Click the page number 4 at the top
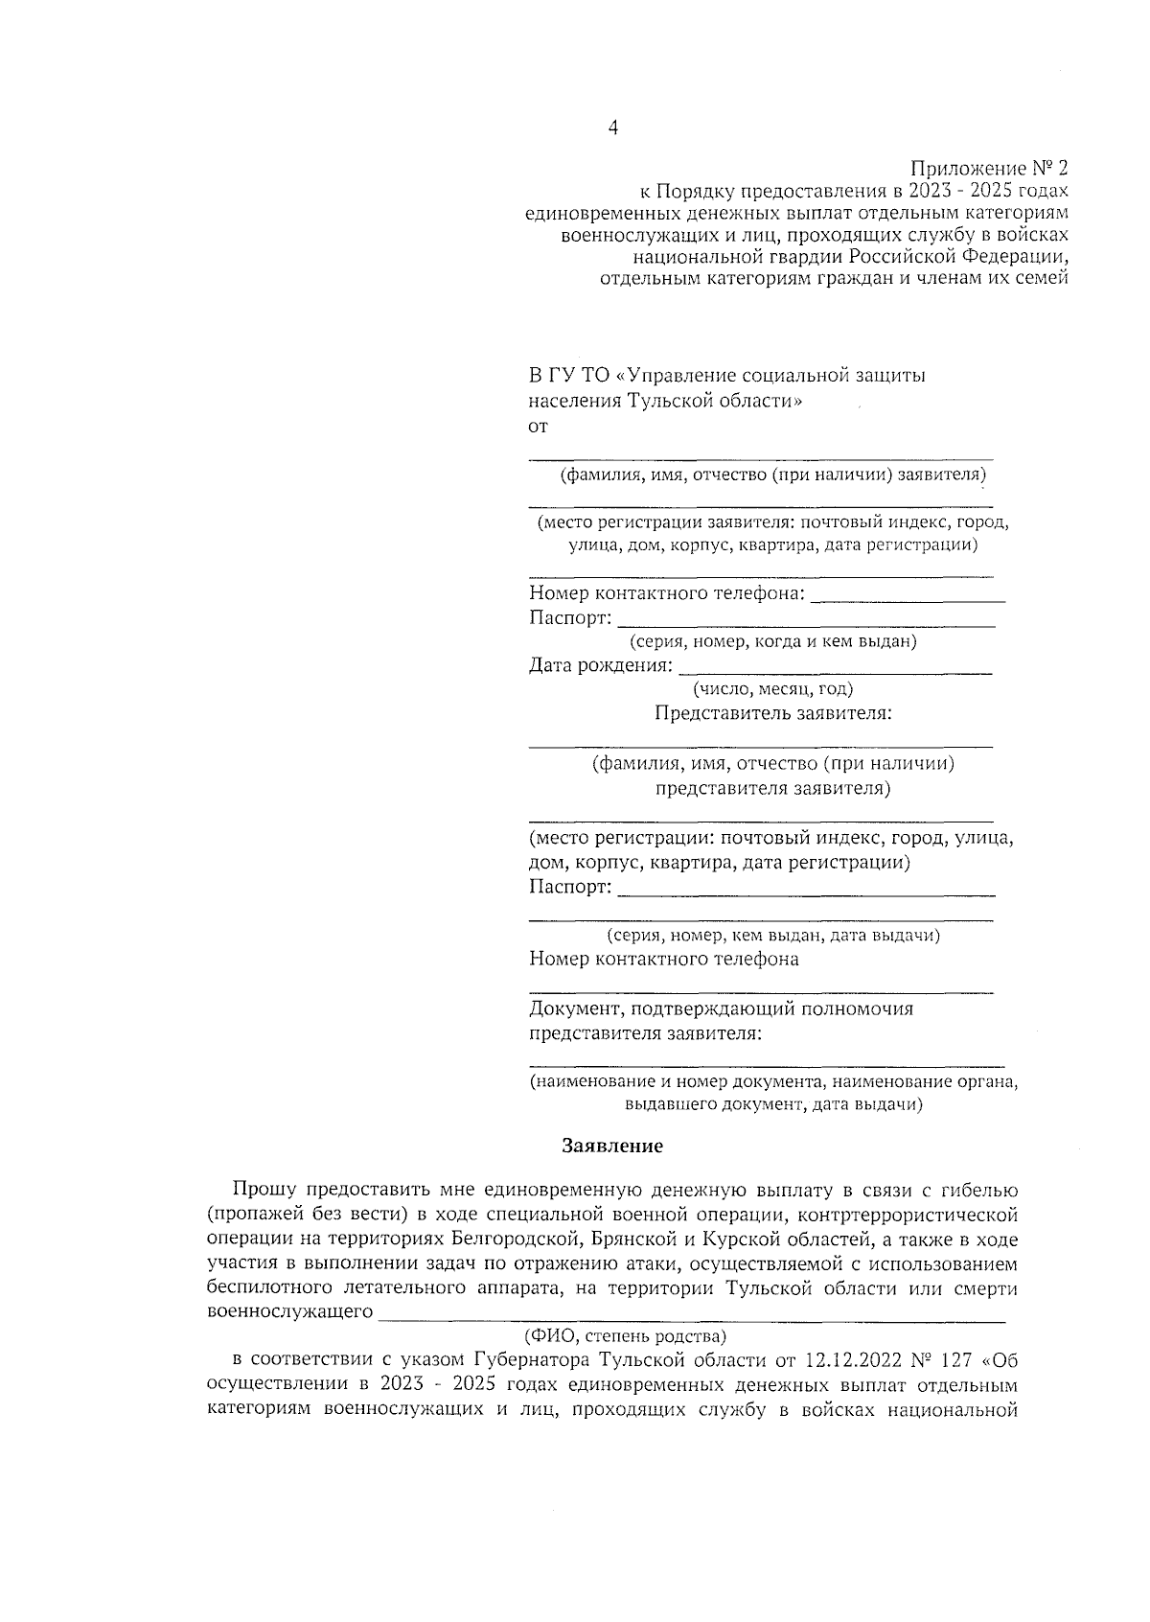point(612,127)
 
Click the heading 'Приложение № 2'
point(987,168)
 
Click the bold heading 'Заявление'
point(611,1146)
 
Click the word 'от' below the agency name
point(539,427)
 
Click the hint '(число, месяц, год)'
point(772,688)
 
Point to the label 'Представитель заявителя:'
point(773,713)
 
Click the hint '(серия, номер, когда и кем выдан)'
point(772,641)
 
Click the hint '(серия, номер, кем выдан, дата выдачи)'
point(772,935)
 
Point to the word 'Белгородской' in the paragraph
point(517,1240)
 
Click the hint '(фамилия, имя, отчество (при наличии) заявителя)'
point(772,475)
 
